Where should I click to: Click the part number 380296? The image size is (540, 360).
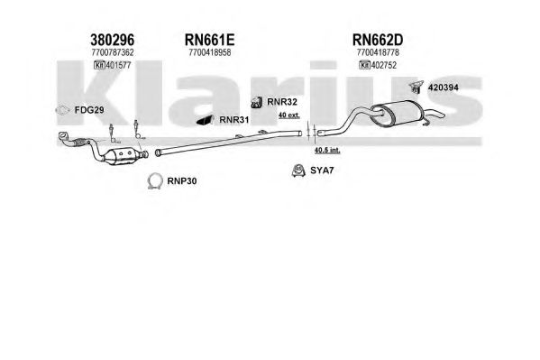(x=113, y=40)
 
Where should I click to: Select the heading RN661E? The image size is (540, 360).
(x=209, y=40)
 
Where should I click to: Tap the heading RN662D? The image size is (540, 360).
(x=378, y=40)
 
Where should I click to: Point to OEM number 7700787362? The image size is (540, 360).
(x=113, y=52)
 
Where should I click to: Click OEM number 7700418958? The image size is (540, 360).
(x=210, y=52)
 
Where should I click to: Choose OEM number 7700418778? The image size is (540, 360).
(x=378, y=52)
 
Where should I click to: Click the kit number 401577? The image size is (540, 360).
(x=119, y=65)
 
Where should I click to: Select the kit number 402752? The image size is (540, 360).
(x=384, y=65)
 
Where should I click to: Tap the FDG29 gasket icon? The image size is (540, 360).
(x=62, y=110)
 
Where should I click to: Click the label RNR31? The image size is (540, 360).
(x=234, y=120)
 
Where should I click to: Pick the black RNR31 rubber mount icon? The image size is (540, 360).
(x=206, y=120)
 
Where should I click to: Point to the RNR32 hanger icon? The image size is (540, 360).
(x=257, y=102)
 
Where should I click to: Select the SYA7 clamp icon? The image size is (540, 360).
(x=298, y=171)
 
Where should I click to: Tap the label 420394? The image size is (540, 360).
(x=444, y=88)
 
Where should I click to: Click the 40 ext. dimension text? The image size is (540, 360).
(x=289, y=115)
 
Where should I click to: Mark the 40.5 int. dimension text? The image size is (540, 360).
(x=327, y=150)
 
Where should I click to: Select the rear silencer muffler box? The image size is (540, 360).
(x=399, y=113)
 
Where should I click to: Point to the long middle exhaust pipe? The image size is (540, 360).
(x=229, y=142)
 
